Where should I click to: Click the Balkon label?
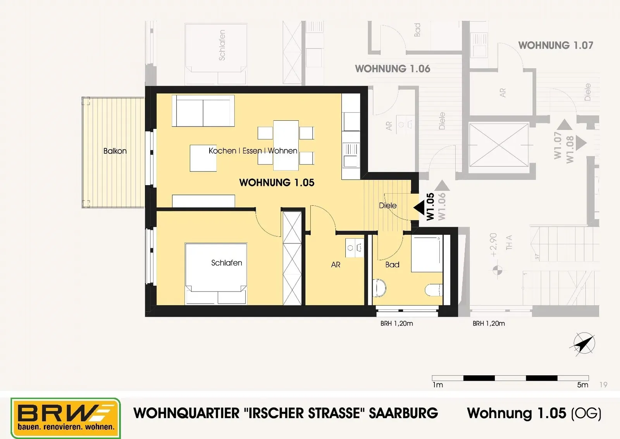point(115,151)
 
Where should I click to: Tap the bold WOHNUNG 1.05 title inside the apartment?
point(277,182)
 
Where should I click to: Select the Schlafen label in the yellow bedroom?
point(226,263)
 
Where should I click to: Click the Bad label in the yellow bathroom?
point(392,265)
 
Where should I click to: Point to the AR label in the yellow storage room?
point(336,265)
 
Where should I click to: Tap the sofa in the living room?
point(203,111)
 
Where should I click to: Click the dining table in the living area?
point(286,145)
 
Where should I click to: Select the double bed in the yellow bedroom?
point(216,274)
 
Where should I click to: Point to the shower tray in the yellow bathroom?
point(427,254)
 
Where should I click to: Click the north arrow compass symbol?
point(583,344)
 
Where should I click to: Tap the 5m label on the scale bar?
point(582,385)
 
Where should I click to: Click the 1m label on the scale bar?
point(438,385)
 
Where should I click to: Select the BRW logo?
point(65,418)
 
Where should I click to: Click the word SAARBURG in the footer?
point(403,413)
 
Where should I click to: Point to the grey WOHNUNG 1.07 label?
point(556,45)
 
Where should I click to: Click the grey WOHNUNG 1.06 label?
point(393,69)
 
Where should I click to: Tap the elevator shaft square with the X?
point(499,145)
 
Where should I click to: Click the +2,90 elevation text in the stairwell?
point(493,245)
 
